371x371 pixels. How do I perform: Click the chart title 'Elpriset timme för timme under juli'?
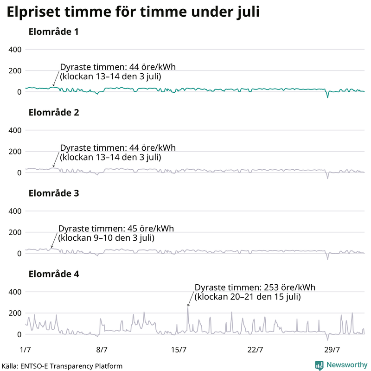(132, 13)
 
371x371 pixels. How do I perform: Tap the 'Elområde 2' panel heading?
(53, 113)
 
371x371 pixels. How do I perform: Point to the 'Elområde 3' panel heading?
(53, 193)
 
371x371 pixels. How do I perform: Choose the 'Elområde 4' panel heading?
(53, 274)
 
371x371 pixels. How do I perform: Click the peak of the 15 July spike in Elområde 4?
(188, 308)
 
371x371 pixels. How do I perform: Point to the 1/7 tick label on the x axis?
(26, 349)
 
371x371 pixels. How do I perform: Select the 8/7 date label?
(102, 349)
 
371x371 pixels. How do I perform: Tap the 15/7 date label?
(179, 349)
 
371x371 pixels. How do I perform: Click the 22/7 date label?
(256, 349)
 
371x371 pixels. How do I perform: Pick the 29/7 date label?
(333, 349)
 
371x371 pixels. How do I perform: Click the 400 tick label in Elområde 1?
(15, 50)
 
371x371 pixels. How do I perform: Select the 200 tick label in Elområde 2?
(15, 152)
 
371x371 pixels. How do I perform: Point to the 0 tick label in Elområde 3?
(19, 253)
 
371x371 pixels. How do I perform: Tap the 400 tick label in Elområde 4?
(15, 292)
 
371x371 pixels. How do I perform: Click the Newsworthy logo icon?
(320, 365)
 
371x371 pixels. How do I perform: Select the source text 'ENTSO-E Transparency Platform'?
(70, 366)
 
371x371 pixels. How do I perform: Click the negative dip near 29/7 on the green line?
(327, 97)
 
